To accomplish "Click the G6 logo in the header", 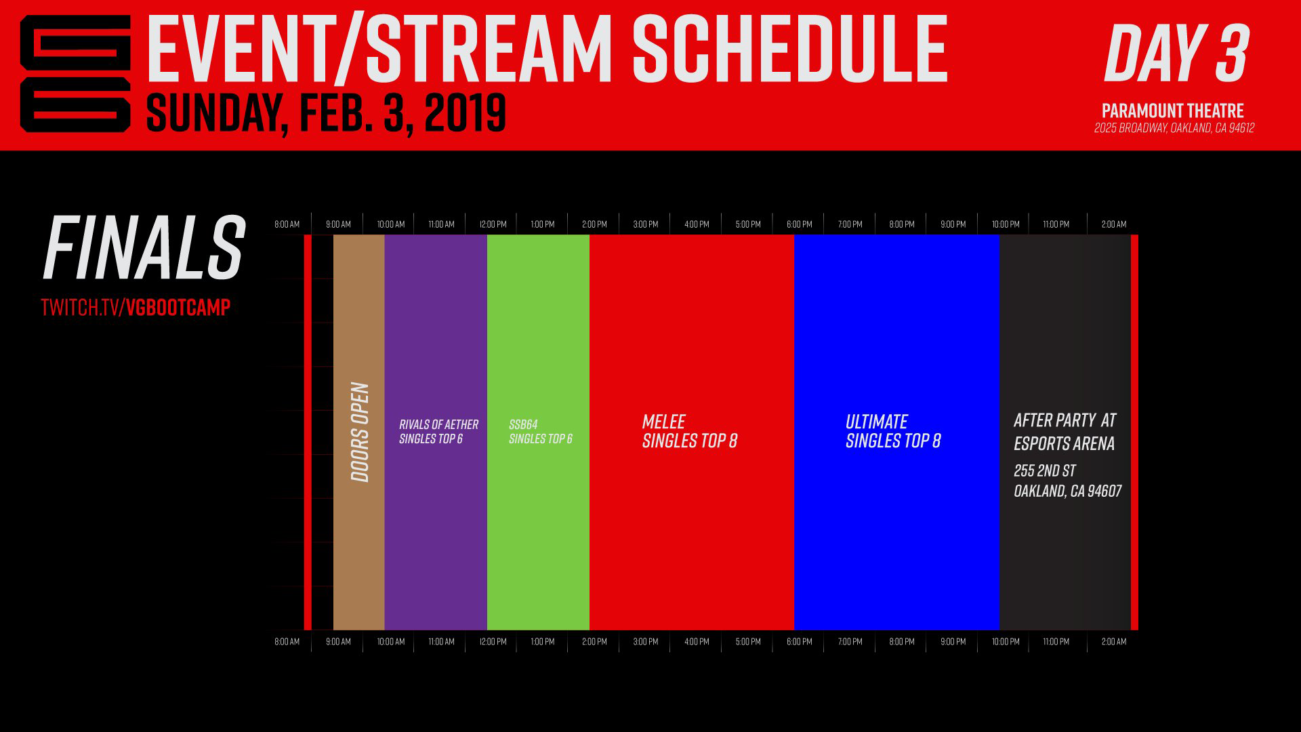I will coord(75,73).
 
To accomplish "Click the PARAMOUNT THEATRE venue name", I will coord(1172,110).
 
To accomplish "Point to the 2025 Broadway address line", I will coord(1174,128).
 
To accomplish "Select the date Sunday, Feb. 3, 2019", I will coord(326,113).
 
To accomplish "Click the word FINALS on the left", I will coord(144,248).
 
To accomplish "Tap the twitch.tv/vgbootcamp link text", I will coord(136,307).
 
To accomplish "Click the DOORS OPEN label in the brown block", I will coord(360,432).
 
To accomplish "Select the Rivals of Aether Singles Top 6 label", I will coord(438,432).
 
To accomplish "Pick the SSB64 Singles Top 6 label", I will coord(540,432).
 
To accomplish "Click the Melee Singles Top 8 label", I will coord(689,431).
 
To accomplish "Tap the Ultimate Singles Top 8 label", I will coord(892,431).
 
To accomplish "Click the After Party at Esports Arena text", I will coord(1064,432).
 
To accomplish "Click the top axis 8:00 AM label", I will coord(287,224).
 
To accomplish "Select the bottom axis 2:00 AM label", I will coord(1113,641).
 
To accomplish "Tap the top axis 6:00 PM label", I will coord(799,224).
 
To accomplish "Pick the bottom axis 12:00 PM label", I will coord(493,641).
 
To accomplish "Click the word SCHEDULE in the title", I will coord(789,49).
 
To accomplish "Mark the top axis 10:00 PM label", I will coord(1005,224).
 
